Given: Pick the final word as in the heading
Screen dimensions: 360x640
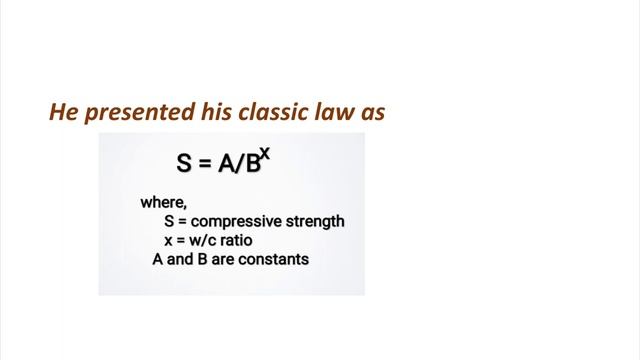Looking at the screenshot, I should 371,113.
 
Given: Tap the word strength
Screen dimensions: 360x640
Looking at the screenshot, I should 315,222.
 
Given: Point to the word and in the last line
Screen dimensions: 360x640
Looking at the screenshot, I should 178,259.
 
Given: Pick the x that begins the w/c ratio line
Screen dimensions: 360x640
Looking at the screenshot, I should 170,241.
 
